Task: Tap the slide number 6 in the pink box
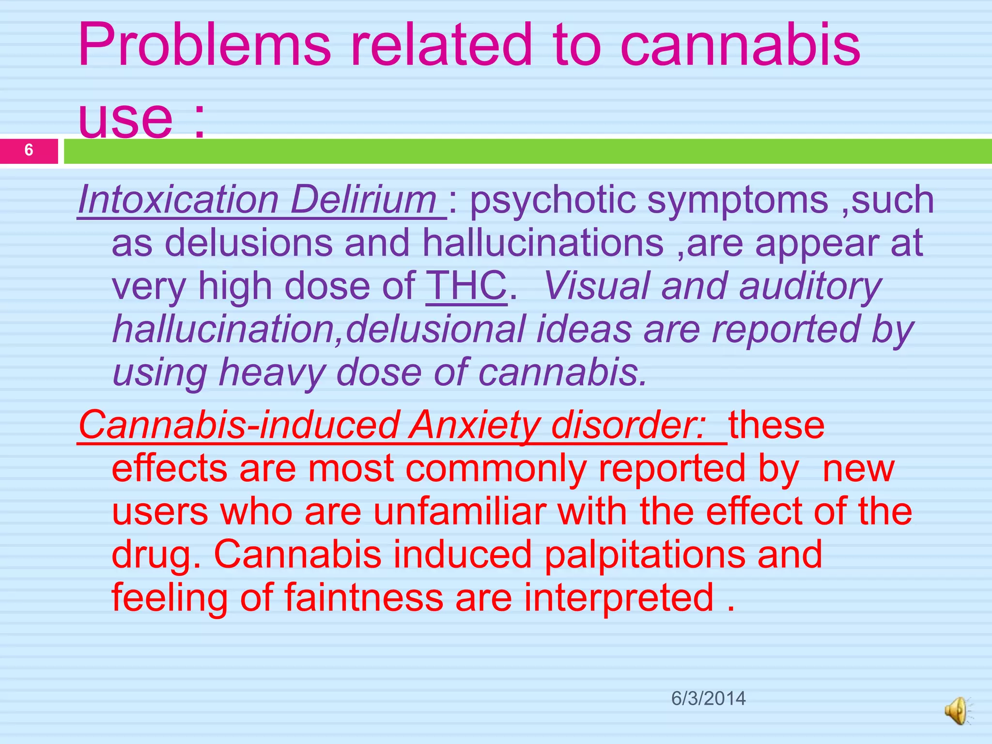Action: (x=29, y=150)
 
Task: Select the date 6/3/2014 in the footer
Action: (x=708, y=698)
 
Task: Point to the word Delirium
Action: (x=364, y=200)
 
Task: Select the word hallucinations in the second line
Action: (x=543, y=243)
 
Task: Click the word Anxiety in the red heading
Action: (x=474, y=425)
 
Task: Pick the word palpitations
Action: (x=645, y=555)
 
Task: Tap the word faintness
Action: (x=364, y=597)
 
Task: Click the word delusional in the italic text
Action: (x=435, y=329)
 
